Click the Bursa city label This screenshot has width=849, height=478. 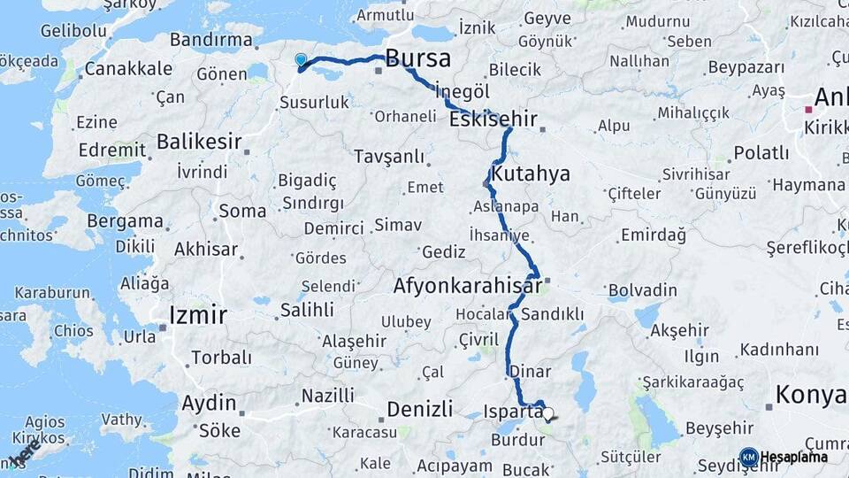418,59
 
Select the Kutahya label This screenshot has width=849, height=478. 532,173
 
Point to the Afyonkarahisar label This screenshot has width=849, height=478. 467,287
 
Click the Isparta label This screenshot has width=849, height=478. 514,411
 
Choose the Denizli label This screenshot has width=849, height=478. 420,409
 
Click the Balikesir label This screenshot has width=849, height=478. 199,141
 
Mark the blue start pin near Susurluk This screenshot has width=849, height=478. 301,60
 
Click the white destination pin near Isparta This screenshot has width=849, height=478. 548,413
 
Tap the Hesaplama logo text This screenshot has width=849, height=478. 793,458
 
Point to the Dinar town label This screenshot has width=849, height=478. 531,373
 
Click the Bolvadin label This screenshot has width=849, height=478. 643,289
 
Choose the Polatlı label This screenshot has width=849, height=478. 761,152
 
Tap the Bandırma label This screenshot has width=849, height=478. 210,40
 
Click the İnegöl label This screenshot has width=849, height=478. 463,91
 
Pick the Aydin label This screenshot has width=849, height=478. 209,404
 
